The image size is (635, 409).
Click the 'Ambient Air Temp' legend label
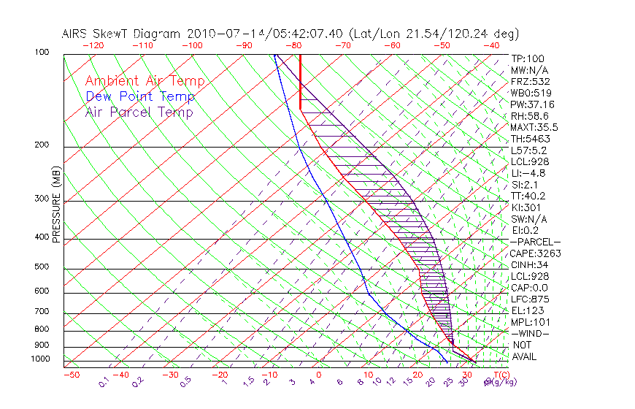tap(145, 81)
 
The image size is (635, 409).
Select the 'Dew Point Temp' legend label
tap(140, 96)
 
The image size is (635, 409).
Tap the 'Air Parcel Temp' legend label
tap(139, 112)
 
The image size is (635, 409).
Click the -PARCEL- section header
tap(535, 242)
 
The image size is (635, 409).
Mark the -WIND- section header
tap(530, 333)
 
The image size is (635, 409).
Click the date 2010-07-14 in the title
tap(220, 34)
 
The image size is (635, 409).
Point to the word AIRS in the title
tap(77, 34)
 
